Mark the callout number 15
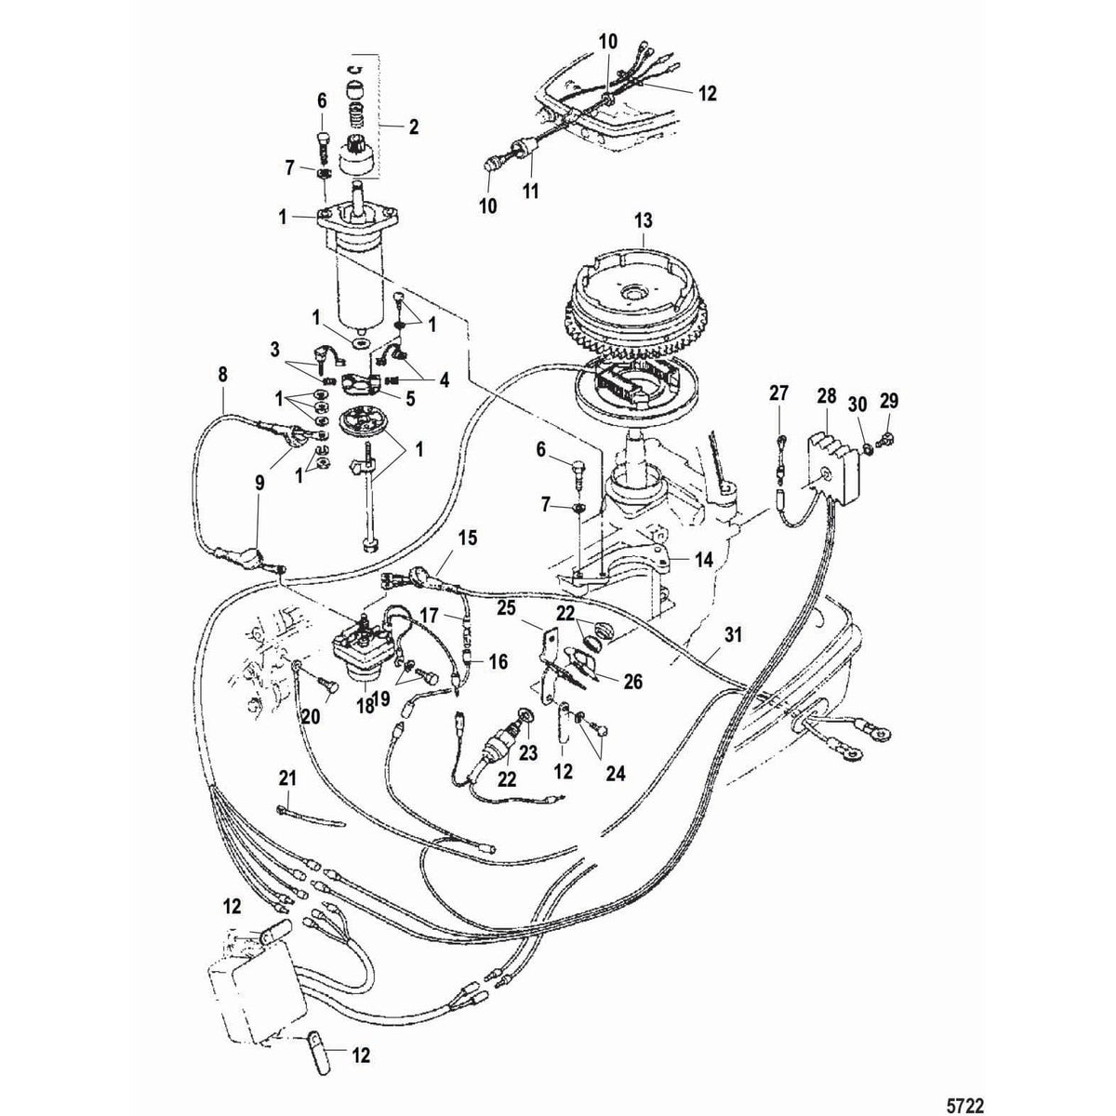[x=466, y=538]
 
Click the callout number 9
[x=260, y=483]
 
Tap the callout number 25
[x=531, y=606]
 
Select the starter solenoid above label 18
[x=359, y=642]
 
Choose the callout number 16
[x=498, y=661]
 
